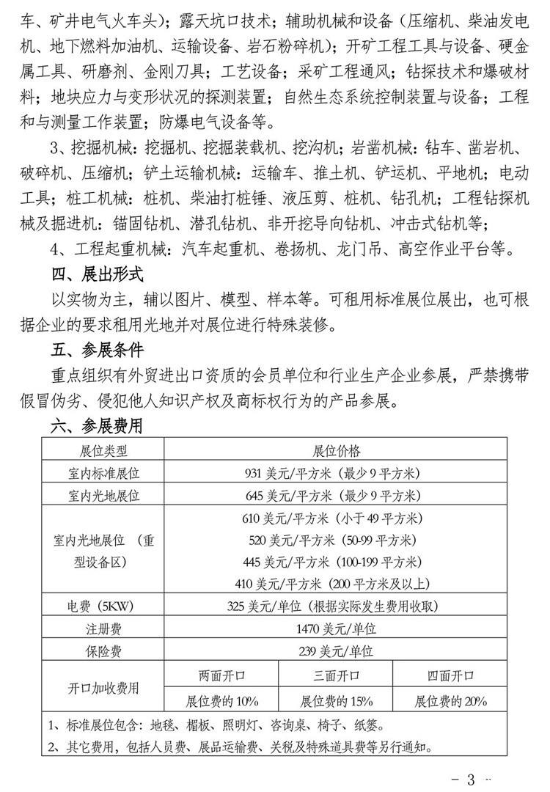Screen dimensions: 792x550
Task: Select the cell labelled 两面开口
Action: (221, 675)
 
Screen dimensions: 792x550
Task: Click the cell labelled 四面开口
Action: (451, 675)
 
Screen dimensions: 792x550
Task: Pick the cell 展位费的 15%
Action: (337, 700)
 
